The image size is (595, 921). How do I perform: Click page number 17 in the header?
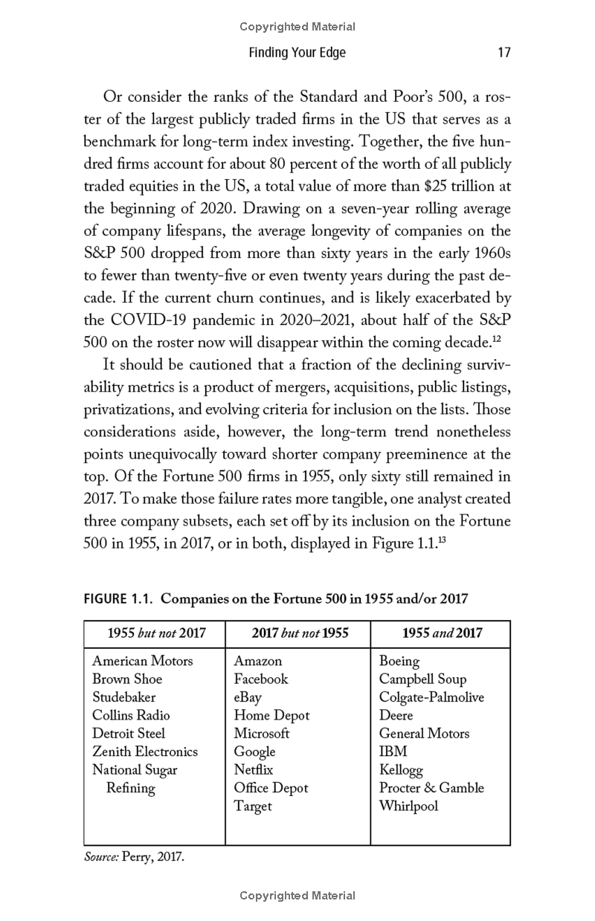point(504,53)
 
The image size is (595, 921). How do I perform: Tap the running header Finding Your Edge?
point(297,53)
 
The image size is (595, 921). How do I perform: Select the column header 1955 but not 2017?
point(156,634)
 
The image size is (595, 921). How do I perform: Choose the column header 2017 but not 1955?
point(300,634)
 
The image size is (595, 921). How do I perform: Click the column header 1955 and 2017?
point(442,634)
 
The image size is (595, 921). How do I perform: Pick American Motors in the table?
point(142,661)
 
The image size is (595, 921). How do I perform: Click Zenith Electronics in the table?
point(145,752)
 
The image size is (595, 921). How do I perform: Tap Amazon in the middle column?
point(258,661)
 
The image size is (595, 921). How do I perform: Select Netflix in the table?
point(254,770)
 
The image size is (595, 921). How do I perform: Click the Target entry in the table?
point(253,807)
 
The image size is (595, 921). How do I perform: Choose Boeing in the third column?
point(399,661)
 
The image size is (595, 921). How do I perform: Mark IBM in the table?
point(393,752)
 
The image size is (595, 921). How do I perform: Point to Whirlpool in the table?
point(408,807)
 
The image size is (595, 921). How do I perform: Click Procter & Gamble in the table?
point(431,788)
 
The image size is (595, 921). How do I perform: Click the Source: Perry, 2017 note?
point(133,857)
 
